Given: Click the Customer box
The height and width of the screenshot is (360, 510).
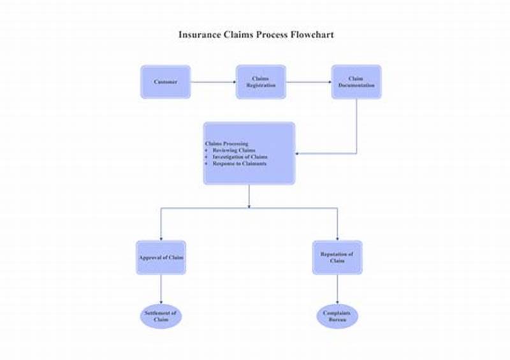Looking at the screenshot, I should click(x=165, y=82).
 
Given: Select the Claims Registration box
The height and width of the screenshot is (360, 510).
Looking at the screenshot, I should click(x=261, y=82).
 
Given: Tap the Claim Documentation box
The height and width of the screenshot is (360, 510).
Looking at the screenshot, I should click(x=356, y=82).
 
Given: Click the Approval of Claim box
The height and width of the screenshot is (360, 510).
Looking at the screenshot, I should click(x=161, y=257).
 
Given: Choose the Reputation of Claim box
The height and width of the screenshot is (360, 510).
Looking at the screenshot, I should click(x=337, y=257).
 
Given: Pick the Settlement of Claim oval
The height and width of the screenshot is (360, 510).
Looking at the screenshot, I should click(x=161, y=317).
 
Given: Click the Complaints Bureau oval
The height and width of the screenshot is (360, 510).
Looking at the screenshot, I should click(x=337, y=317).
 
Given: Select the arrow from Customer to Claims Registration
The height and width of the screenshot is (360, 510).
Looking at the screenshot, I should click(x=213, y=82).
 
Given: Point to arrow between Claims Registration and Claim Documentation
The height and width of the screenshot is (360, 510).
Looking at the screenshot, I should click(x=309, y=82).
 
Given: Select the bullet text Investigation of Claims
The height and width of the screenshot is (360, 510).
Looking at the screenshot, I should click(x=240, y=157).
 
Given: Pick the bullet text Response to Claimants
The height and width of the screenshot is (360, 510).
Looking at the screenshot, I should click(x=239, y=164).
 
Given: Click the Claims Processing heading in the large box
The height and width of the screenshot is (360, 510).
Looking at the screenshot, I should click(x=226, y=144).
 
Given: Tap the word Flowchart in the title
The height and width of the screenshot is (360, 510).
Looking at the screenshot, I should click(x=312, y=34).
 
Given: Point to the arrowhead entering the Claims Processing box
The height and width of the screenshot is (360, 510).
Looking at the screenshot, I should click(x=298, y=154).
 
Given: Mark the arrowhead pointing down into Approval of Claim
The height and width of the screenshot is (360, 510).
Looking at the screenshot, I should click(x=161, y=238).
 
